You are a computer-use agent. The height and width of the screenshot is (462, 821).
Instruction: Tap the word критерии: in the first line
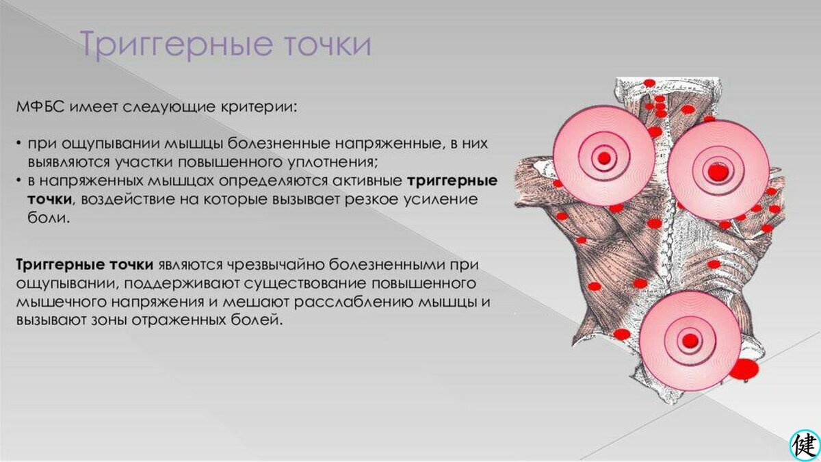(x=263, y=108)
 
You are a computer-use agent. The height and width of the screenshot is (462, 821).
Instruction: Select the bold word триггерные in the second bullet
(x=452, y=181)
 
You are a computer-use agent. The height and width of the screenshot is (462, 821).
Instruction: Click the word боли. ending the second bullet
(x=49, y=218)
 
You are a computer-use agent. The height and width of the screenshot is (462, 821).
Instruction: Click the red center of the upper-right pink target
(x=716, y=171)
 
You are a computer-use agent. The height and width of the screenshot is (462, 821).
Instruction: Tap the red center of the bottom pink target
(x=690, y=340)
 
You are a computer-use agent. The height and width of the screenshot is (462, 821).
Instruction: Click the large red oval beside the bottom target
(x=744, y=369)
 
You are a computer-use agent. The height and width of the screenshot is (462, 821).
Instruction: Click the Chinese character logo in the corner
(x=804, y=445)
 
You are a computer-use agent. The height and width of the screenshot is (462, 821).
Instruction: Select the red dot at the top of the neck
(x=649, y=84)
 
